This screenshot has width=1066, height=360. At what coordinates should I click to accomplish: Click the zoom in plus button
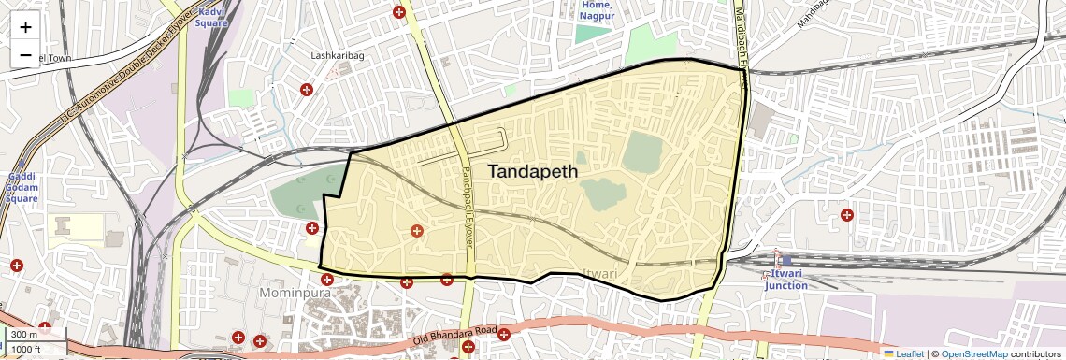click(x=25, y=27)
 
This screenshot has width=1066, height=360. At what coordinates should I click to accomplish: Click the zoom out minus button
click(x=25, y=55)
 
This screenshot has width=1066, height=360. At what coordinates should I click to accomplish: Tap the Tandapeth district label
click(x=533, y=172)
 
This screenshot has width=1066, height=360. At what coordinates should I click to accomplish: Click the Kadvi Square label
click(x=212, y=17)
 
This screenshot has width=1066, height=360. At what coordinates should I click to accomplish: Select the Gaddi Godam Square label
click(x=22, y=187)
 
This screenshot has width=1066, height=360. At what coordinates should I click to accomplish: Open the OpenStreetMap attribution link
click(x=974, y=353)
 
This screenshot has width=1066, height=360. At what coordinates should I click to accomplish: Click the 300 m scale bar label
click(x=23, y=335)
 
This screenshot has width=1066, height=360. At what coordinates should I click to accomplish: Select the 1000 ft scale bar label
click(x=25, y=349)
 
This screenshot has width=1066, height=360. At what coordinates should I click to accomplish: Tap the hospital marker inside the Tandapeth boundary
click(x=417, y=230)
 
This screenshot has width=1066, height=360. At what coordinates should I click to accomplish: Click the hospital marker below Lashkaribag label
click(x=306, y=90)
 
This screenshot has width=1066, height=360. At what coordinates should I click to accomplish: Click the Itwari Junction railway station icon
click(x=776, y=254)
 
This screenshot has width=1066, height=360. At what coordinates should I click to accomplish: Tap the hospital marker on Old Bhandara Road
click(x=504, y=334)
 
